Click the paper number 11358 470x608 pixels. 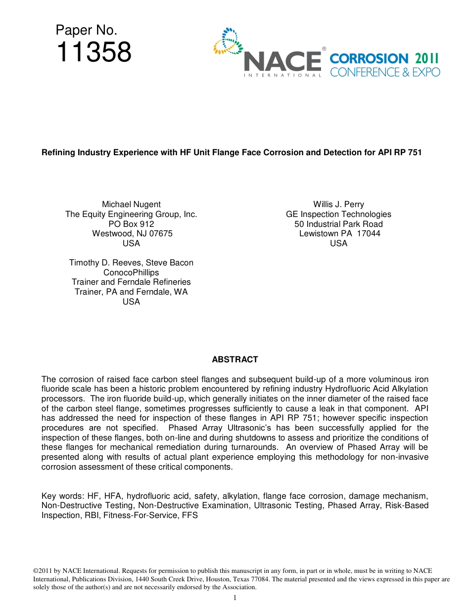pos(94,52)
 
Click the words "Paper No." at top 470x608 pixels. pos(87,30)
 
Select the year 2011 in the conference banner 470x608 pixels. pos(427,58)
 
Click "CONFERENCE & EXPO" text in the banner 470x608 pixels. pos(384,72)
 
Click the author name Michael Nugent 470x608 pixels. pos(131,204)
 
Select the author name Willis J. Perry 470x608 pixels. pos(338,204)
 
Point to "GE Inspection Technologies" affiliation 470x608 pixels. pos(338,214)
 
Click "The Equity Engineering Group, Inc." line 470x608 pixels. pos(131,214)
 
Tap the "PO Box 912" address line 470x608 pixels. pos(131,224)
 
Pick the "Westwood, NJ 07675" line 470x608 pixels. pos(132,233)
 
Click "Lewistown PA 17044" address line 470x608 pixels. pos(339,233)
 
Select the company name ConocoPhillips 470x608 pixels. pos(131,272)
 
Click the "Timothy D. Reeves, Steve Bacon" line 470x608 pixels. pos(131,262)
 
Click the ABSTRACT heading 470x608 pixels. pos(235,359)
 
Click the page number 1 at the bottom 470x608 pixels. pos(235,598)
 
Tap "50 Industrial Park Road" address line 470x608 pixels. pos(338,224)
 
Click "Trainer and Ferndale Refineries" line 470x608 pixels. pos(131,282)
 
